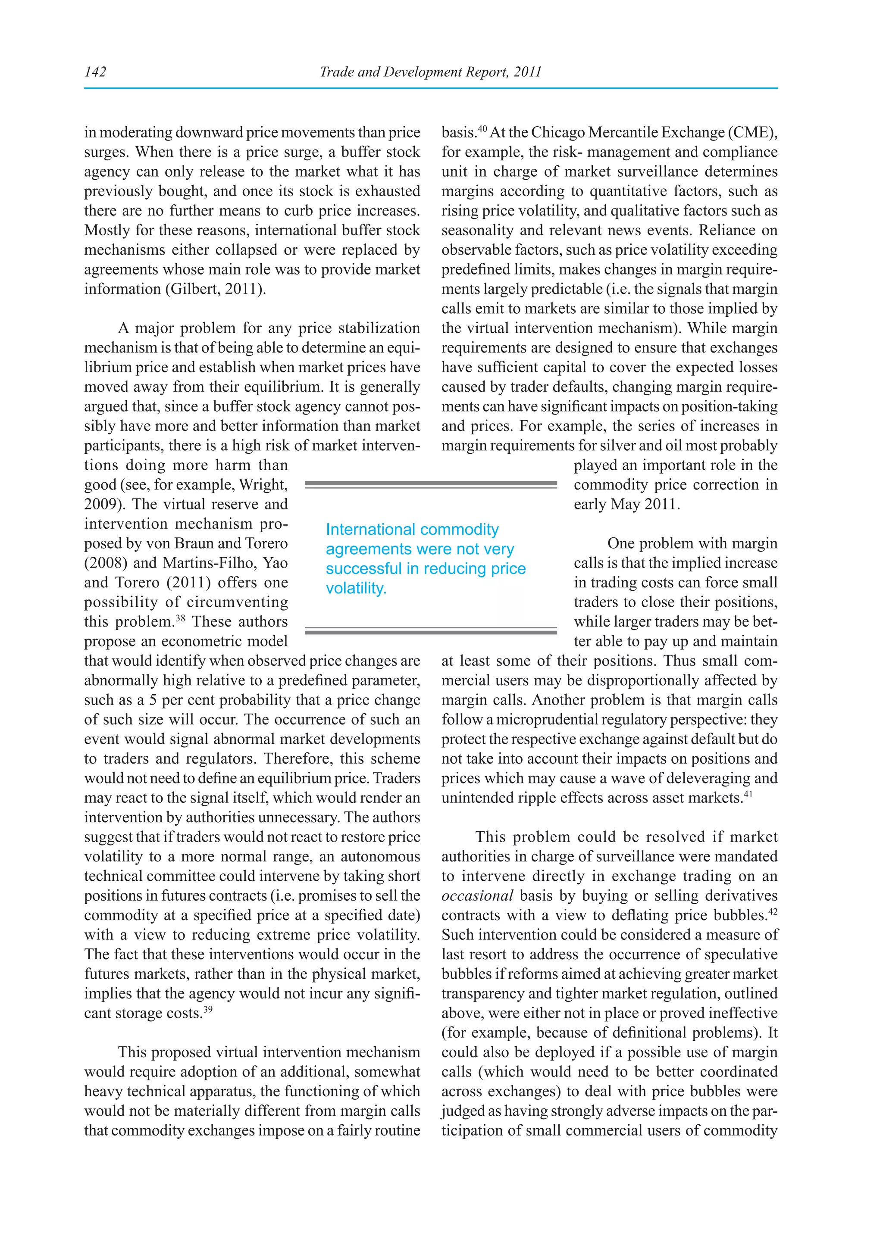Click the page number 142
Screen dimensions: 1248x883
click(x=95, y=72)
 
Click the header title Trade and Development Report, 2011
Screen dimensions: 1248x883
click(x=430, y=72)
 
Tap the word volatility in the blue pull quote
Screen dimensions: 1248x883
click(x=356, y=588)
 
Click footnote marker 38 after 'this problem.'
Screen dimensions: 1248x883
click(x=180, y=618)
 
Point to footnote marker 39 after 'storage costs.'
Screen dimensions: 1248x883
click(x=208, y=1009)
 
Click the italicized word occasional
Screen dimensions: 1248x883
click(x=477, y=896)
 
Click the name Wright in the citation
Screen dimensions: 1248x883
click(x=263, y=485)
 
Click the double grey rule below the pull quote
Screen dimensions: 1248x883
click(x=431, y=631)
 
